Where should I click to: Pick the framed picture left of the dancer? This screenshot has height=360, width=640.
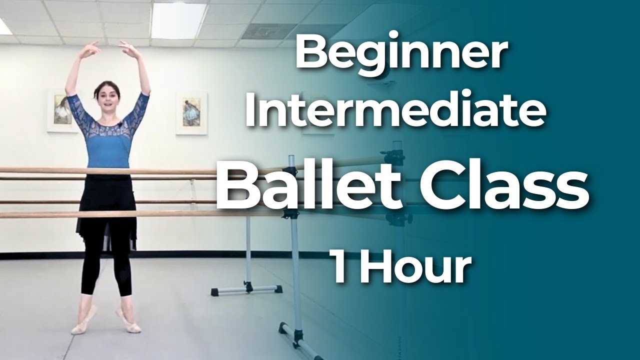61,110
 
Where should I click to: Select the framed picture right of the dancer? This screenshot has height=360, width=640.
191,113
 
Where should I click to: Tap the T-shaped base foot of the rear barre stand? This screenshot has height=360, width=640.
246,289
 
